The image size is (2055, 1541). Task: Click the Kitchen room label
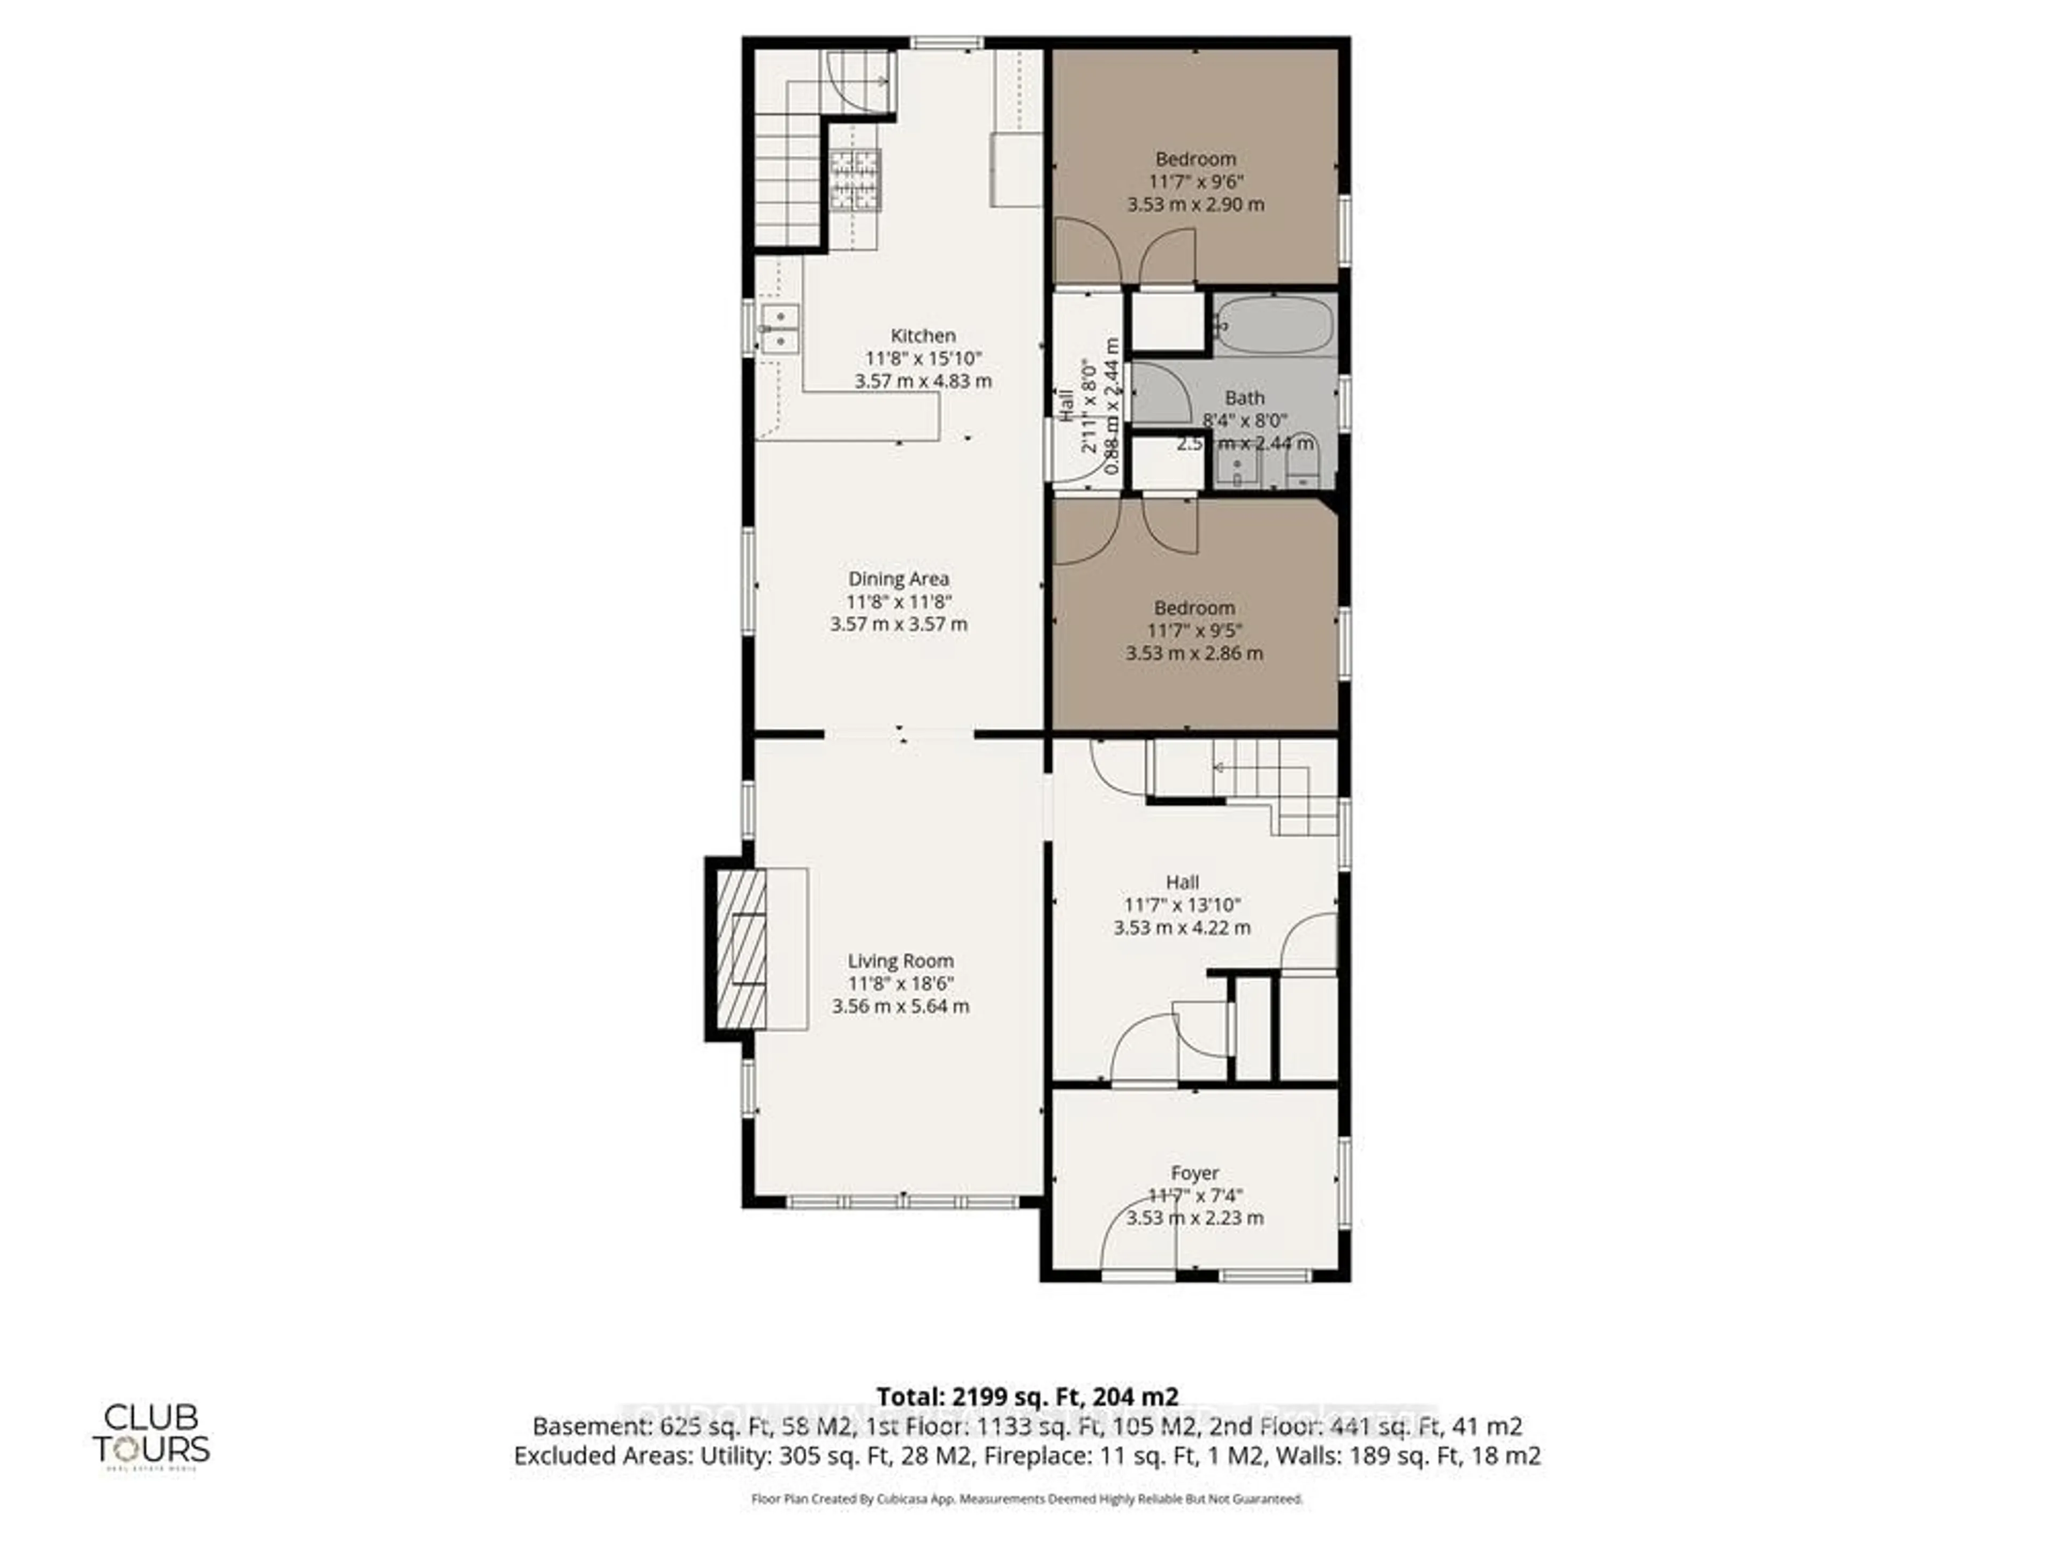tap(923, 336)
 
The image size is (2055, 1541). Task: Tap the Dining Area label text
tap(899, 579)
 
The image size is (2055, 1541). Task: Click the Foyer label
tap(1194, 1173)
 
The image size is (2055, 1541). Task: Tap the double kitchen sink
tap(779, 329)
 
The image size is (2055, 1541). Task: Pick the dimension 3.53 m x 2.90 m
tap(1196, 204)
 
